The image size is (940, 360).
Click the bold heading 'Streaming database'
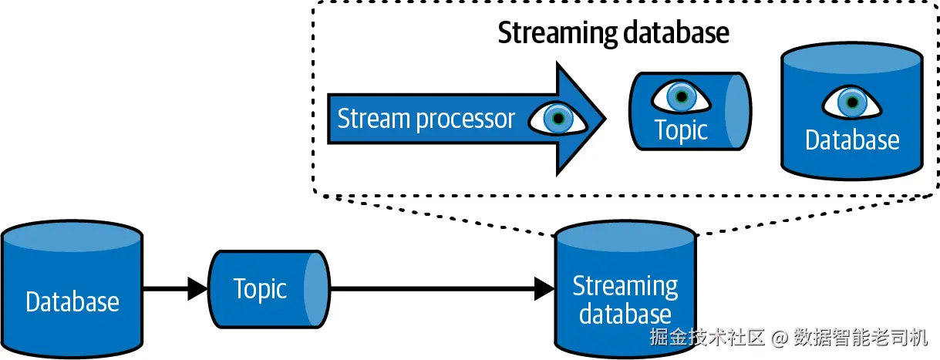click(x=613, y=33)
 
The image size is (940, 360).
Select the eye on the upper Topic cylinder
click(x=681, y=96)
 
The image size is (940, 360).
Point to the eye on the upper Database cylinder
click(x=851, y=102)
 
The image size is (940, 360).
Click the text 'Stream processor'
click(x=426, y=119)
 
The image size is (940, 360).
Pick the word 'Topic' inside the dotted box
click(x=681, y=130)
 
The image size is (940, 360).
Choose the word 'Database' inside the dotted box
click(x=852, y=140)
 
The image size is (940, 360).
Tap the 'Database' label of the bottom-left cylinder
click(x=72, y=301)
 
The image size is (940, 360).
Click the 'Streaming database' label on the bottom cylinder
click(x=625, y=300)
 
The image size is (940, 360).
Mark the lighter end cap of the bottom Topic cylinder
click(x=316, y=289)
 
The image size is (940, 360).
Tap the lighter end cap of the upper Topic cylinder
click(x=737, y=112)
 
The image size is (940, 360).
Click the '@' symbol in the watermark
click(x=780, y=338)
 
